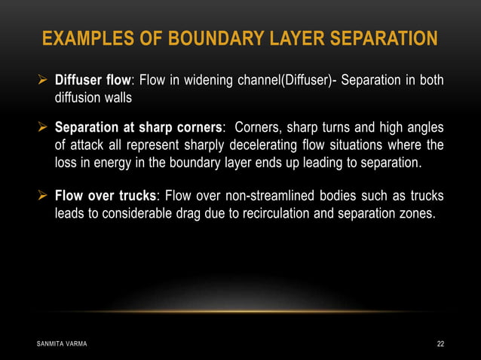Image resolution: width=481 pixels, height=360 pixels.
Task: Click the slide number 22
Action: coord(440,344)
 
